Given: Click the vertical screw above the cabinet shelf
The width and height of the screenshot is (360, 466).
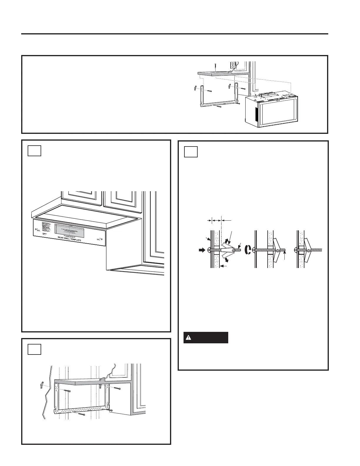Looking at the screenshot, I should pyautogui.click(x=215, y=67).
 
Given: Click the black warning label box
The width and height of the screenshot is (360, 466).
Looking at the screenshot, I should pyautogui.click(x=206, y=338).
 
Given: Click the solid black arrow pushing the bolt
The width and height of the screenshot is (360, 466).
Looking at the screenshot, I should pyautogui.click(x=202, y=250).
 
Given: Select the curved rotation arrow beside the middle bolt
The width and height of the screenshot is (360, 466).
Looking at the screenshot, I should pyautogui.click(x=248, y=250).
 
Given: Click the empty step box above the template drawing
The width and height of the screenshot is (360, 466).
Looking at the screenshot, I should pyautogui.click(x=34, y=151).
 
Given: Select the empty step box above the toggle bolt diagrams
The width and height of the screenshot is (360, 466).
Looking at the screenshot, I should pyautogui.click(x=191, y=152).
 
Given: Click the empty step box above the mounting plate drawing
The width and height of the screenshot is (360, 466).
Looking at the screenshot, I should pyautogui.click(x=34, y=349).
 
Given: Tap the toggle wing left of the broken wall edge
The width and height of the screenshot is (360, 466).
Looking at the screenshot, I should pyautogui.click(x=42, y=385).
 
